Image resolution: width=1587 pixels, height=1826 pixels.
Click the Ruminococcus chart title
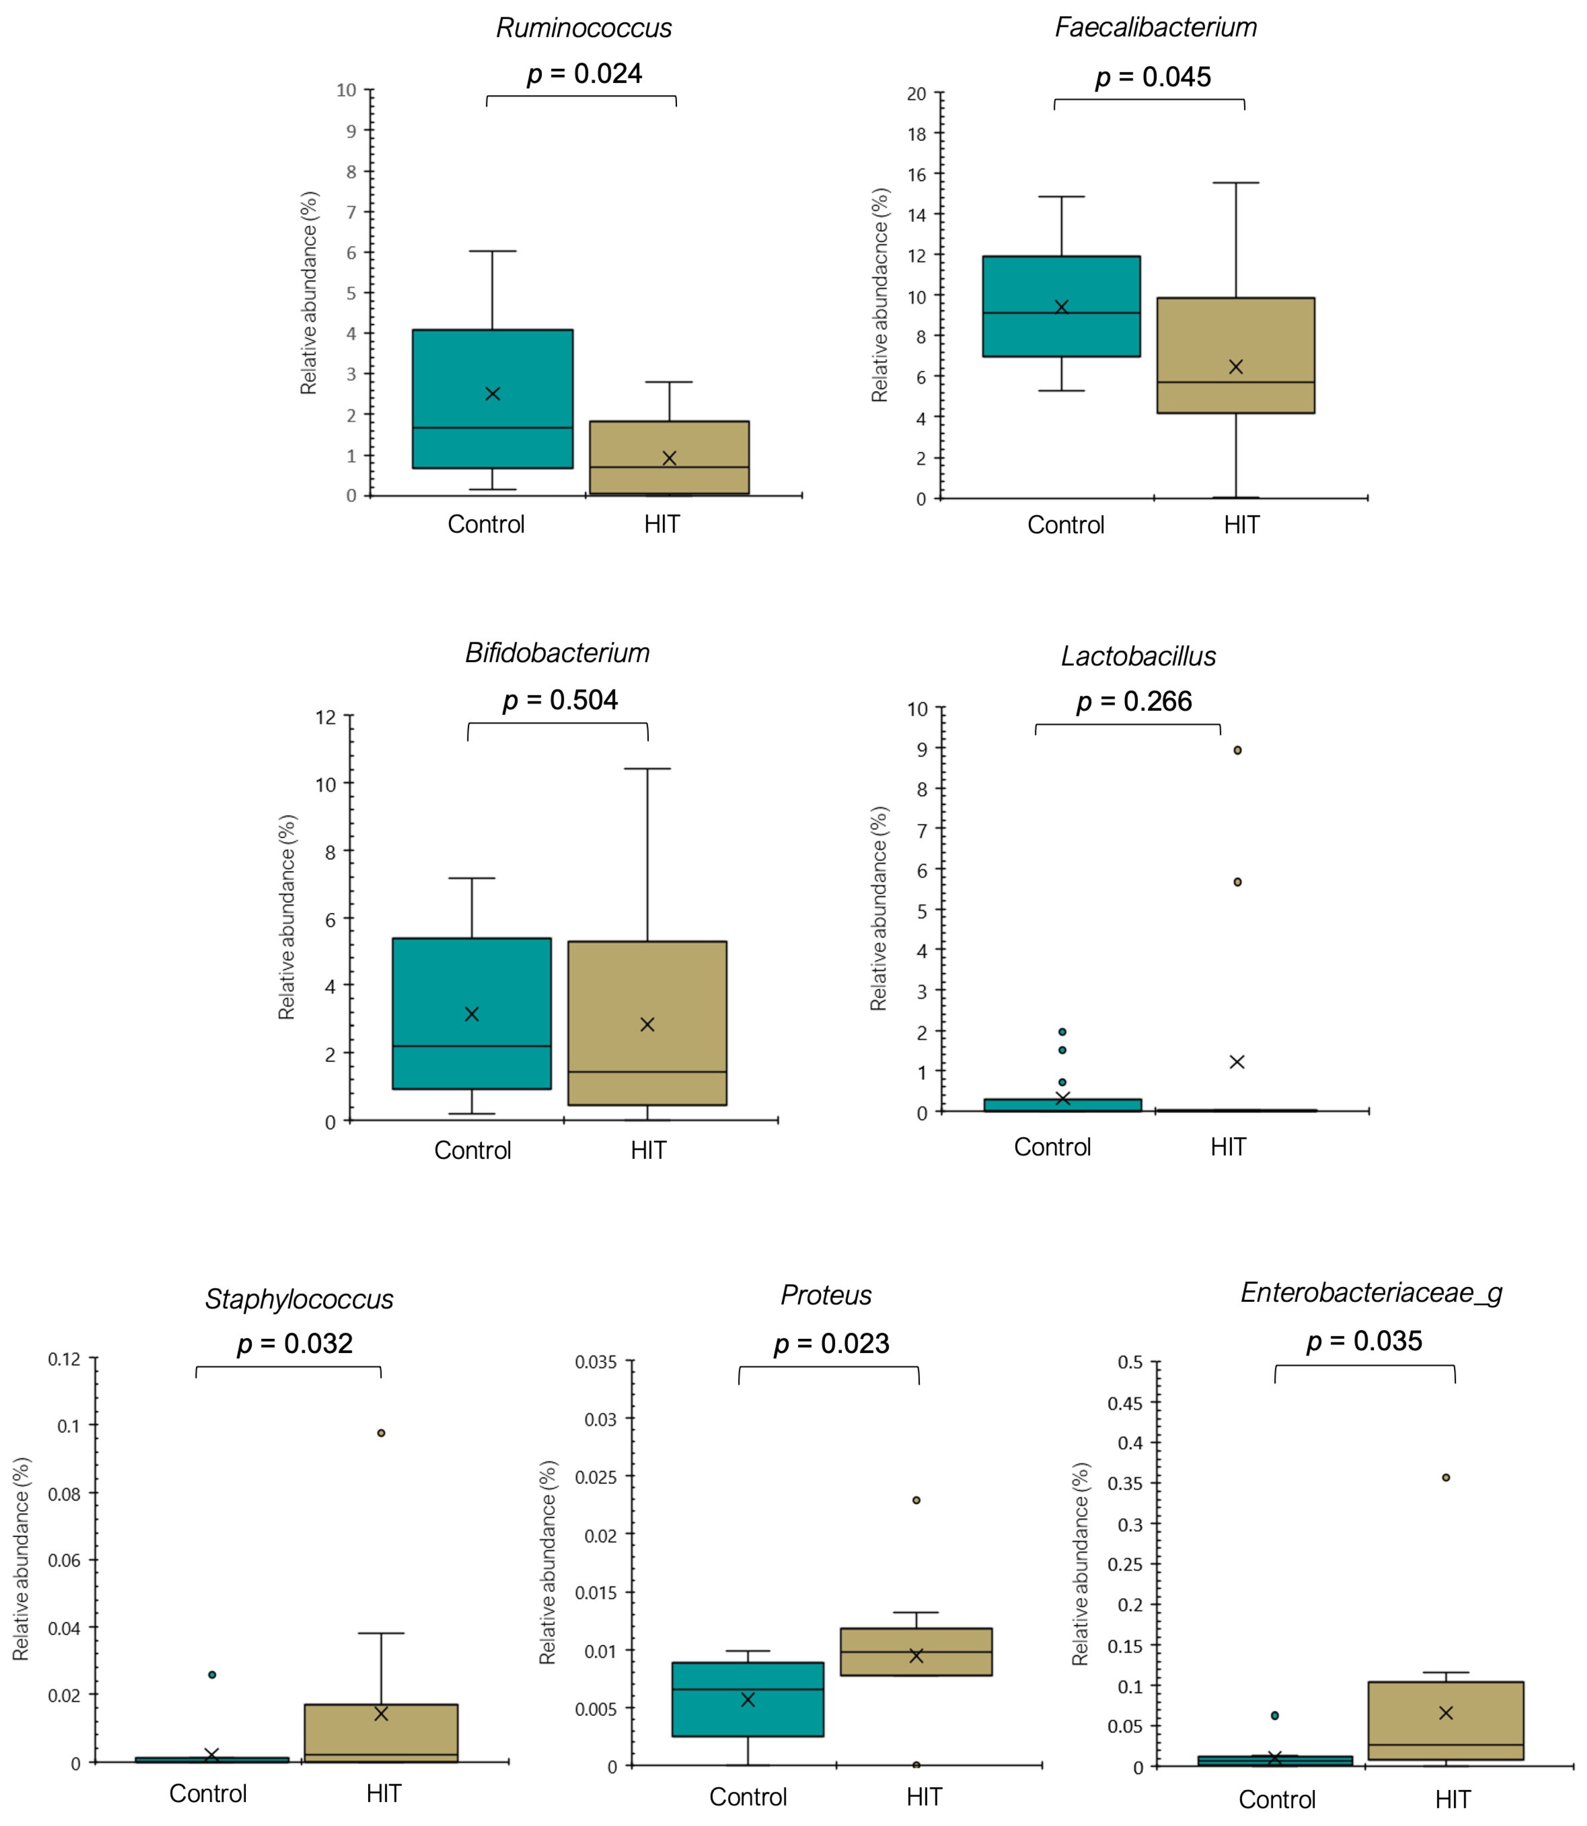pos(584,28)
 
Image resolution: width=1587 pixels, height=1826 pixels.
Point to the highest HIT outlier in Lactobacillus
pos(1237,750)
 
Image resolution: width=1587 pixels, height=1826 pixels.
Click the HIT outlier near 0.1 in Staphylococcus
pos(381,1433)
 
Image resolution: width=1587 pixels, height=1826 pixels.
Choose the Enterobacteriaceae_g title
pos(1371,1293)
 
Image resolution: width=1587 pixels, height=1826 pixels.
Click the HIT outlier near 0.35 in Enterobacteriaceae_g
pos(1446,1477)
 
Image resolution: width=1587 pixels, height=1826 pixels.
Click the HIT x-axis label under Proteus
pos(924,1797)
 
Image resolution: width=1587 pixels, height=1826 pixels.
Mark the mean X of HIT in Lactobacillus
pos(1237,1062)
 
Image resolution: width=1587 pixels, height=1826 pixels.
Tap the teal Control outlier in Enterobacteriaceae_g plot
pos(1274,1715)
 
